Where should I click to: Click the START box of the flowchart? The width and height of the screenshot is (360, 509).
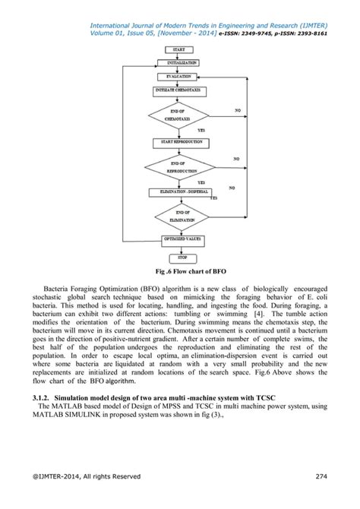click(179, 49)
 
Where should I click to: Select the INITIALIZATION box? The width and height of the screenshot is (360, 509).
click(179, 62)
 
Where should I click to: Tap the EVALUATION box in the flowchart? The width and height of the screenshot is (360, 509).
click(179, 77)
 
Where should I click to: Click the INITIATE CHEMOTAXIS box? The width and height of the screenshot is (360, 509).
click(179, 91)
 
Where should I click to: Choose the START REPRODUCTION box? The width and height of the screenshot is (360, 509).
click(179, 142)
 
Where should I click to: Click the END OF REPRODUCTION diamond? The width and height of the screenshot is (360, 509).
click(179, 168)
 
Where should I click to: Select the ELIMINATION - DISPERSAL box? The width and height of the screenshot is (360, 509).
click(179, 192)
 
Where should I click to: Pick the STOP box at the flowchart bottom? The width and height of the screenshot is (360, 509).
click(179, 258)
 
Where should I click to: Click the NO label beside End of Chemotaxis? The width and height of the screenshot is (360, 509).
click(238, 111)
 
